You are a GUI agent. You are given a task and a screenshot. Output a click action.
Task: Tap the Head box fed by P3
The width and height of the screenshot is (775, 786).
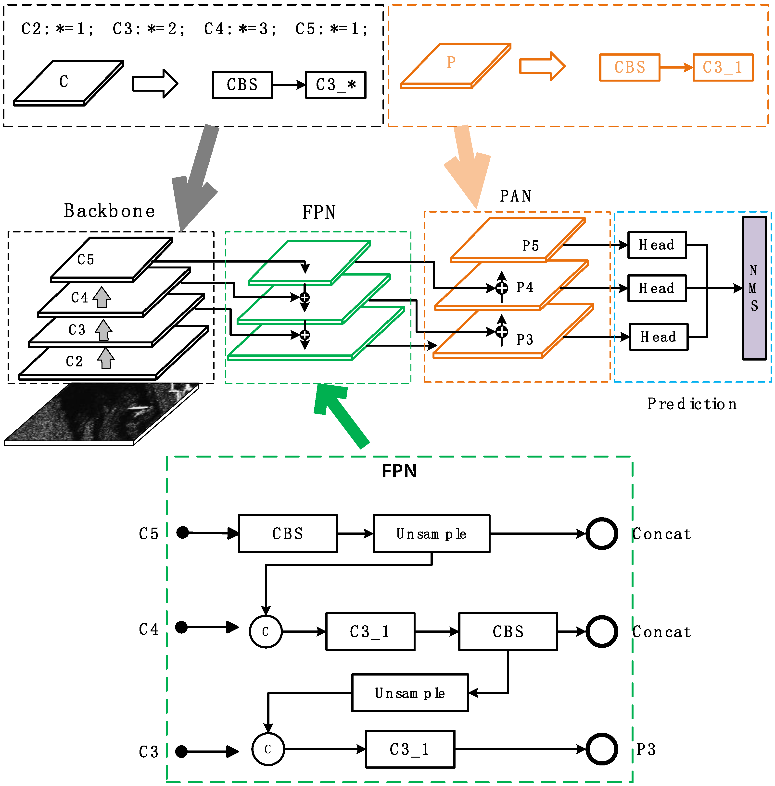[658, 337]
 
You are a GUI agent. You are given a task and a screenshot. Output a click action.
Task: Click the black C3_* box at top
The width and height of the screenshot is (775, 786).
[335, 85]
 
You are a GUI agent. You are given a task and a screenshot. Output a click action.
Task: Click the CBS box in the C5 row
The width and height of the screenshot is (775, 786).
[287, 533]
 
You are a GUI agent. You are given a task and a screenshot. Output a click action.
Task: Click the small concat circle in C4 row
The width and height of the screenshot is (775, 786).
[265, 631]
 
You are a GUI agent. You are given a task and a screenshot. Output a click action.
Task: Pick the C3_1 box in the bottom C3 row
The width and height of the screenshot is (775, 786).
[410, 749]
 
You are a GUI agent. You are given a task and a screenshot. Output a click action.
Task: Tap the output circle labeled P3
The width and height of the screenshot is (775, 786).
[602, 749]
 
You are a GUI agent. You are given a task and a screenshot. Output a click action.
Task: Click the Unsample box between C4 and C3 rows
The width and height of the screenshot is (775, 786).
[410, 693]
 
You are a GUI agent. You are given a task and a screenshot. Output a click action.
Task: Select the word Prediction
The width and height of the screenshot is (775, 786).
[692, 404]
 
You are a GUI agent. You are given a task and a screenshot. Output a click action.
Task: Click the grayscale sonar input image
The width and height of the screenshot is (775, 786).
[102, 413]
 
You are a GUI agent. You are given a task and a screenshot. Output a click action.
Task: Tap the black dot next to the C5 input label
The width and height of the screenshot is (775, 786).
[183, 532]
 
